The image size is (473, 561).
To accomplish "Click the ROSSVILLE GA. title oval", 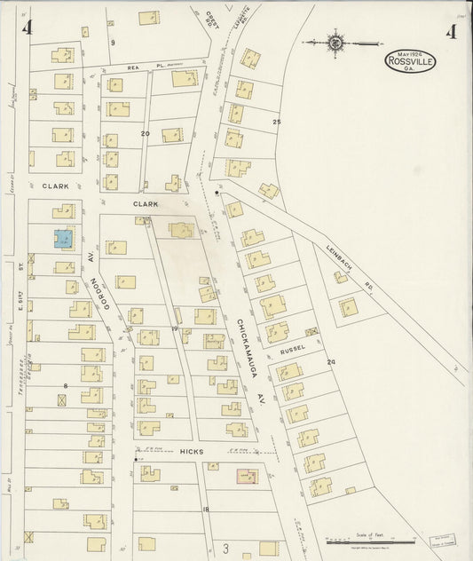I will (410, 61).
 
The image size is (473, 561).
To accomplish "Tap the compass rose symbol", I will (336, 41).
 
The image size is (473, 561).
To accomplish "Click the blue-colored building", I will (63, 239).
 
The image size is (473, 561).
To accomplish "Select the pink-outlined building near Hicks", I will (247, 477).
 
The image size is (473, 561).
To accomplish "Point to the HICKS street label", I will (193, 452).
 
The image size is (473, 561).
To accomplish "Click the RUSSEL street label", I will (293, 349).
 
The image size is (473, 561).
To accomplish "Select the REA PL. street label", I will (135, 66).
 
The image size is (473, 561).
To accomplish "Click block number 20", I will (145, 133).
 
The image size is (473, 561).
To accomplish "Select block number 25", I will (276, 121).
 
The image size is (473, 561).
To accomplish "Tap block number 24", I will (330, 362).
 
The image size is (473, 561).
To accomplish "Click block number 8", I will (66, 384).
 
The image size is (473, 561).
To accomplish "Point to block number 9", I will (113, 42).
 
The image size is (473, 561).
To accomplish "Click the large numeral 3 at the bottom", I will (225, 549).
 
